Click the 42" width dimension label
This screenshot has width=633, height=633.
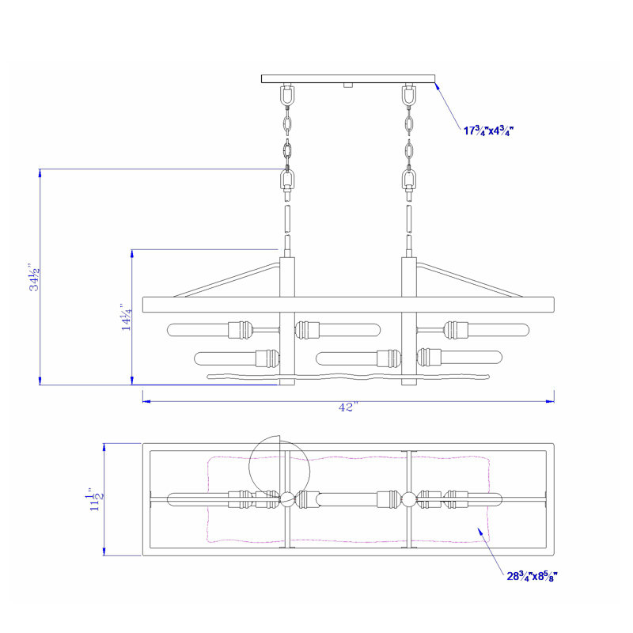348,407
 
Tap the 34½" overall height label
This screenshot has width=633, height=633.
34,278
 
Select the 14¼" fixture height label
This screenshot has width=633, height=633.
127,317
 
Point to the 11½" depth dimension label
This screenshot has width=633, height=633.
96,500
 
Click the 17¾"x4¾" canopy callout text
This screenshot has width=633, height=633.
488,131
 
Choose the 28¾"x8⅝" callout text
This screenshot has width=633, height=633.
533,576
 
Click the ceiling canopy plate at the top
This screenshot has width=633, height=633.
348,78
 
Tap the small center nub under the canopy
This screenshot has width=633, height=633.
348,85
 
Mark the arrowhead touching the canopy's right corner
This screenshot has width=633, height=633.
438,87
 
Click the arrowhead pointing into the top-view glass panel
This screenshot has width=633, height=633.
481,532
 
